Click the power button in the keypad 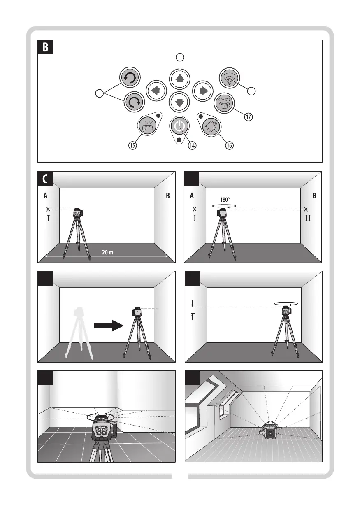point(179,126)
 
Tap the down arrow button point(179,102)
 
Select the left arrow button point(156,91)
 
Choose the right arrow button point(203,91)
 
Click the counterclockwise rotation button point(130,77)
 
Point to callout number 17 point(248,117)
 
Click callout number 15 point(132,145)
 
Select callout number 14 point(192,145)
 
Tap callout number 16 point(229,145)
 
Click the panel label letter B point(45,47)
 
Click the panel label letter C point(45,179)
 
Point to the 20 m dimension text point(107,252)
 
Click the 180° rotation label point(225,200)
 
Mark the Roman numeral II point(308,218)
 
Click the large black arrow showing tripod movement point(109,326)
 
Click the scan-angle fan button point(229,78)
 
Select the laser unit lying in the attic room point(270,431)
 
